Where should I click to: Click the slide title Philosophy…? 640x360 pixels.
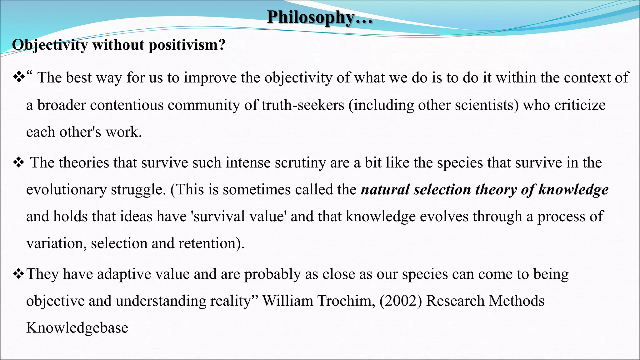[x=320, y=17]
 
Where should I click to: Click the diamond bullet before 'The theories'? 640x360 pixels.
[x=18, y=163]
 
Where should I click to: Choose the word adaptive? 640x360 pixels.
[x=124, y=274]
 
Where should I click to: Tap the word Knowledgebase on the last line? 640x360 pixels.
[x=77, y=328]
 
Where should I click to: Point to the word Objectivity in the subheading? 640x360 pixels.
[x=50, y=45]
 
